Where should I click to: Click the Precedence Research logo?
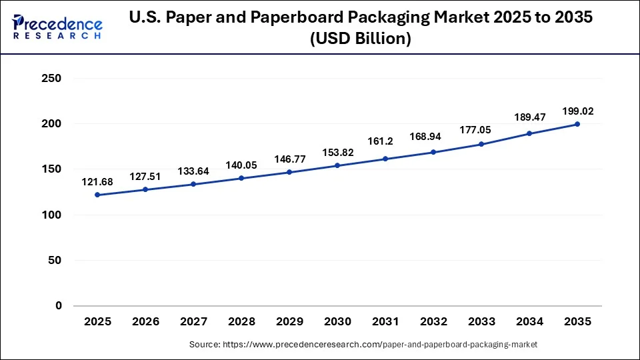pos(57,26)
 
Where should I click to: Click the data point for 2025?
pos(97,195)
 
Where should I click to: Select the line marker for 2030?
pos(337,165)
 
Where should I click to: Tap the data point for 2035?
pos(577,124)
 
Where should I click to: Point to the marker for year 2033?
pos(481,144)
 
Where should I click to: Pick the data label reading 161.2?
pos(385,142)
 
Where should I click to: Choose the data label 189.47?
pos(529,117)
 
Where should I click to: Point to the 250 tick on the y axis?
pos(51,79)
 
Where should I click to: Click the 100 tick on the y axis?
pos(51,215)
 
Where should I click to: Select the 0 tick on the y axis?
pos(58,306)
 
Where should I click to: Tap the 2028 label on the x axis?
pos(241,321)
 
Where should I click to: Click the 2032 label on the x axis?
pos(433,321)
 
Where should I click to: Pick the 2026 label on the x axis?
pos(145,321)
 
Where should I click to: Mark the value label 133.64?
pos(193,171)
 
